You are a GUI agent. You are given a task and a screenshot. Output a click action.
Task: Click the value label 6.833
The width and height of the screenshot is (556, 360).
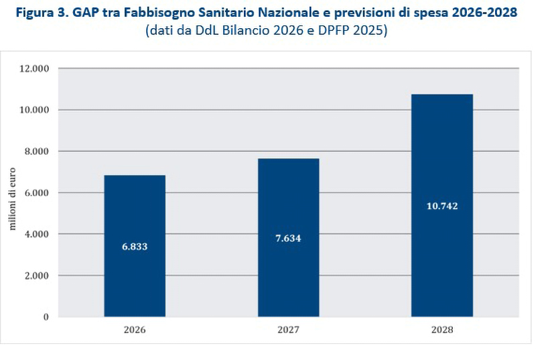coord(135,246)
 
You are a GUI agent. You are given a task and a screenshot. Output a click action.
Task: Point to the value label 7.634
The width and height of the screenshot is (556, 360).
coord(288,238)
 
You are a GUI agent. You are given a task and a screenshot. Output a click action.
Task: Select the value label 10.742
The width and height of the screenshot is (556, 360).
coord(441,206)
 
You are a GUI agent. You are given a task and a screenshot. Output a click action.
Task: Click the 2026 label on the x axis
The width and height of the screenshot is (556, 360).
coord(135,330)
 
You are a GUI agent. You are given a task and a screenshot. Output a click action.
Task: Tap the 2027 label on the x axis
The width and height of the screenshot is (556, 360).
coord(288,330)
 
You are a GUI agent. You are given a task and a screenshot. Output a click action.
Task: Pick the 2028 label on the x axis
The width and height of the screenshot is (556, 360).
coord(442,330)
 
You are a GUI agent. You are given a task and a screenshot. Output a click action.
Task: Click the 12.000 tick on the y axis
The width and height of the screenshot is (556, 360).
coord(35,68)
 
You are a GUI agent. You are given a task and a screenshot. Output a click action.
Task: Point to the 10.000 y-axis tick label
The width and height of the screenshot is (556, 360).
coord(35,110)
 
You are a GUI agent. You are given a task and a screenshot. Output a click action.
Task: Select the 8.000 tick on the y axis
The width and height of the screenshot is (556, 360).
coord(37,152)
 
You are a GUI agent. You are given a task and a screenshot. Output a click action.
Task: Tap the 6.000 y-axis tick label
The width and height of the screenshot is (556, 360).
coord(37,193)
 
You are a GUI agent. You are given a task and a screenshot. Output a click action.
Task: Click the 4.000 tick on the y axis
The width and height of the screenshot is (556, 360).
coord(37,234)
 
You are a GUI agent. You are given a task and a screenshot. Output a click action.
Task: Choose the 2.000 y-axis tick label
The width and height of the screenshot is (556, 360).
coord(37,276)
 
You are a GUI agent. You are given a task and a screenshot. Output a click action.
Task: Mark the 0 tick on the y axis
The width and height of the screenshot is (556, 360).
coord(46,316)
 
